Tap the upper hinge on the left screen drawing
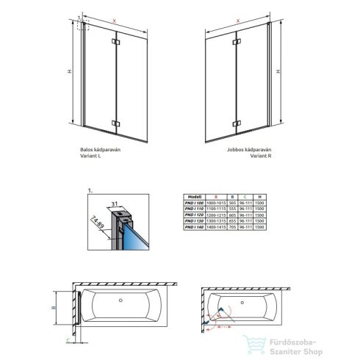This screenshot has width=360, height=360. (x=115, y=46)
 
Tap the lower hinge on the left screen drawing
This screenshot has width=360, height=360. (x=115, y=123)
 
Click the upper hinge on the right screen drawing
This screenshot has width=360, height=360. (x=235, y=46)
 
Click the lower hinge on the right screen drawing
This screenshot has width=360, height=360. (x=235, y=123)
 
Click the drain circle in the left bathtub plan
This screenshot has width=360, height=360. (x=122, y=301)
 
